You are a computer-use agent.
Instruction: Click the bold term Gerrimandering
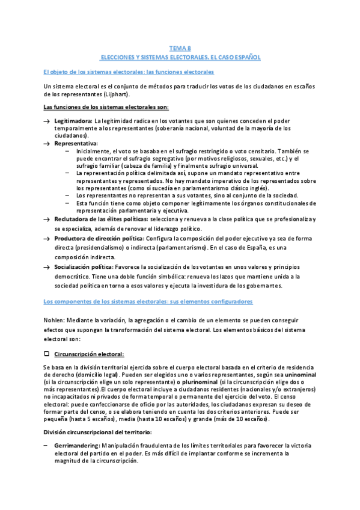[x=76, y=444]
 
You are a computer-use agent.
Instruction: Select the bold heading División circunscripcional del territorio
[x=98, y=432]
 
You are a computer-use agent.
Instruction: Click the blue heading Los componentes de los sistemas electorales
[x=148, y=301]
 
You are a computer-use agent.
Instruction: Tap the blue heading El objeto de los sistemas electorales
[x=129, y=72]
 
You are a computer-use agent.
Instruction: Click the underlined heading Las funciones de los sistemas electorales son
[x=106, y=107]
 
